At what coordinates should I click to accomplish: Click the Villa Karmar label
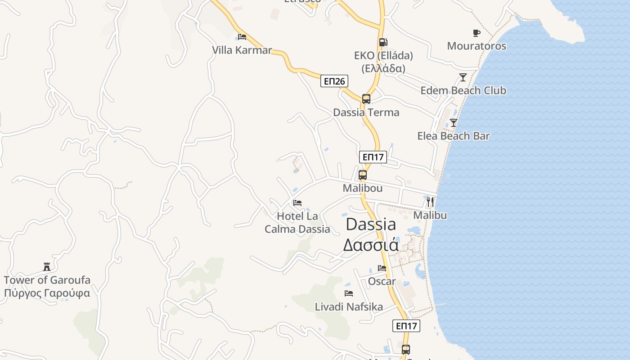tap(242, 50)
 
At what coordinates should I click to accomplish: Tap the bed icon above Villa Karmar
tap(242, 36)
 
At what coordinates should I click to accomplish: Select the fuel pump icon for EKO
tap(383, 42)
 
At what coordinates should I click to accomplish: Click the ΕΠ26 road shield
tap(334, 81)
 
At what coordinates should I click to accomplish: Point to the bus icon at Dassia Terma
tap(366, 99)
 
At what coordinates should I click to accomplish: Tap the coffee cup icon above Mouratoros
tap(477, 33)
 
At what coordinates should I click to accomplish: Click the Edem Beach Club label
tap(463, 90)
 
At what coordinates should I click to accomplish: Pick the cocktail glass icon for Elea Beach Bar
tap(454, 122)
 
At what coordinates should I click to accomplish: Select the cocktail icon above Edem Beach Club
tap(463, 77)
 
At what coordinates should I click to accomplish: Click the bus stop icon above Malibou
tap(363, 175)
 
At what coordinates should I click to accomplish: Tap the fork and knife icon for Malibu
tap(430, 202)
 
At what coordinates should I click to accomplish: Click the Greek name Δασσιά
tap(371, 245)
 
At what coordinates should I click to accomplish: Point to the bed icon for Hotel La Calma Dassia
tap(297, 203)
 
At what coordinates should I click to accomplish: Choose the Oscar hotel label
tap(382, 282)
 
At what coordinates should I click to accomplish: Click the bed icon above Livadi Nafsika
tap(349, 293)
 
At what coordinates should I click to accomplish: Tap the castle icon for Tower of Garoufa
tap(47, 266)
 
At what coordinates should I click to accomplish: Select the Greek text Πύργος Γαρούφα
tap(47, 293)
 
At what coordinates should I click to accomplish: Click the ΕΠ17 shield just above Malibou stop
tap(373, 157)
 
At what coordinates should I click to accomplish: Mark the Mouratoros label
tap(477, 46)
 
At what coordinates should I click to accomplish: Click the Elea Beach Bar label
tap(454, 136)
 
